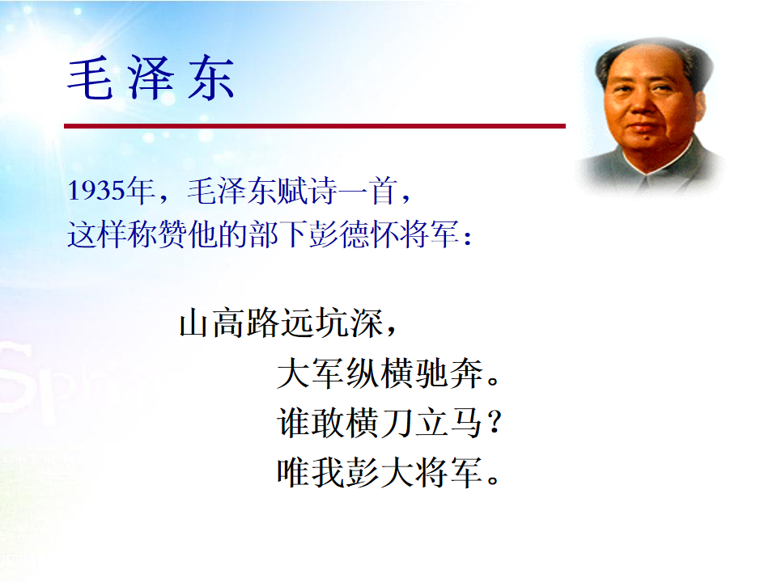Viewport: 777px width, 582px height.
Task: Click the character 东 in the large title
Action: pyautogui.click(x=211, y=78)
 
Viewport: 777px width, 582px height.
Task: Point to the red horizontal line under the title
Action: pyautogui.click(x=315, y=126)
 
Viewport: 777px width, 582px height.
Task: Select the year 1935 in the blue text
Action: pyautogui.click(x=96, y=191)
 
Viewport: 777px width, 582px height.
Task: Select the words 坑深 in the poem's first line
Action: pyautogui.click(x=350, y=323)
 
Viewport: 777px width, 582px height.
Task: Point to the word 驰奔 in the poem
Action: pyautogui.click(x=448, y=373)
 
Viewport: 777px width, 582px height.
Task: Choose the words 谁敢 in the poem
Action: pyautogui.click(x=310, y=423)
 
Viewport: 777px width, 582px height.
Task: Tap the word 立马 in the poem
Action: pyautogui.click(x=448, y=423)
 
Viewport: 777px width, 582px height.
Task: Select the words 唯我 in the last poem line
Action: pyautogui.click(x=310, y=473)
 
